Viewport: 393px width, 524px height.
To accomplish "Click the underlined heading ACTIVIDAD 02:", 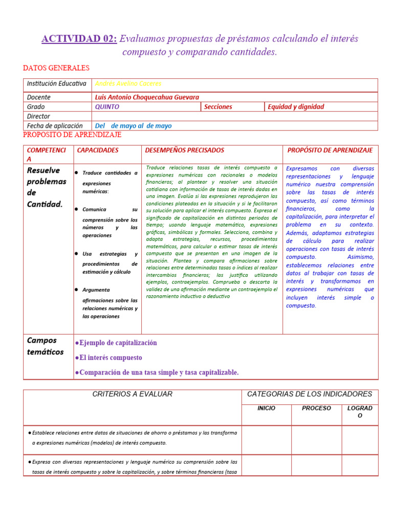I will pos(79,39).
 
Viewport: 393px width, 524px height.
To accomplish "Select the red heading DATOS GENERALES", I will pos(56,68).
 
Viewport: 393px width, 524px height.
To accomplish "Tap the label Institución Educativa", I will pos(57,84).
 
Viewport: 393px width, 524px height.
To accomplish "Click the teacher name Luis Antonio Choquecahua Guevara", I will pos(147,97).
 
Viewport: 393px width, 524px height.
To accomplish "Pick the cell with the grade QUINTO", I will pos(107,107).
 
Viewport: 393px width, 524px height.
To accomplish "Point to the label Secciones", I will pos(218,107).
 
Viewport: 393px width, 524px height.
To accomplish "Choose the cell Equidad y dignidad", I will pos(296,107).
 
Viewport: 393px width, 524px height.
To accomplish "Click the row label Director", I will pos(38,116).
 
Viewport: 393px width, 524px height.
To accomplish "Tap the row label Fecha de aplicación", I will pos(54,126).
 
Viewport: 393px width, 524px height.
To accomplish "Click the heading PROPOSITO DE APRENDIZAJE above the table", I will pos(72,135).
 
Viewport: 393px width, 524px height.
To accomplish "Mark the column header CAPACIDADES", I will pos(97,150).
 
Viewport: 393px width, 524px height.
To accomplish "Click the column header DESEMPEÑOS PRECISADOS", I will pos(185,150).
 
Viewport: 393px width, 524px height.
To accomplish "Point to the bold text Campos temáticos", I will pos(45,346).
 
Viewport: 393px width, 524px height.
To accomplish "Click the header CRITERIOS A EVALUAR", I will pos(132,394).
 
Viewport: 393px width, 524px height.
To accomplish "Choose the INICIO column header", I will pos(266,408).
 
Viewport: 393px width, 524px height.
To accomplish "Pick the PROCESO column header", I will pos(316,408).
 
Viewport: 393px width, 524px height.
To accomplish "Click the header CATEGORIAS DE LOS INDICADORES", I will pos(310,394).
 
